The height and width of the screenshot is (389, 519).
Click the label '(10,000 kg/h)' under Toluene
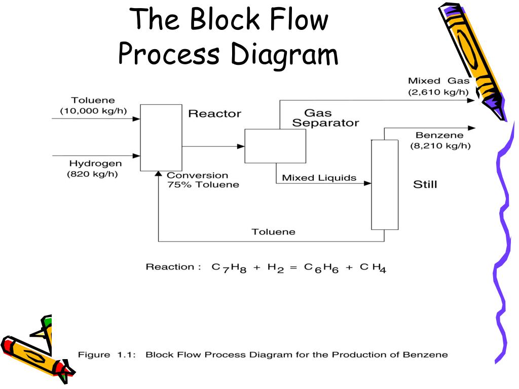pos(93,111)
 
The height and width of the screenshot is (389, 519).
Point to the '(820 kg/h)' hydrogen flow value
pos(92,174)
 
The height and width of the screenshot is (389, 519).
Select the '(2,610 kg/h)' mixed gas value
pos(438,92)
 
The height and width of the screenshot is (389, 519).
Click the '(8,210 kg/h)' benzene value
pos(440,146)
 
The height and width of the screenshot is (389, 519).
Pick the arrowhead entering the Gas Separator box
pos(241,146)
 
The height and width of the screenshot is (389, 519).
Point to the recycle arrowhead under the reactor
pos(159,174)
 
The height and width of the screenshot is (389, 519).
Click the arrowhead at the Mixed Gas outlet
pos(471,101)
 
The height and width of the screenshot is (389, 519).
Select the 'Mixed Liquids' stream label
pos(319,178)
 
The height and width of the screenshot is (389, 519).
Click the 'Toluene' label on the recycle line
pos(273,232)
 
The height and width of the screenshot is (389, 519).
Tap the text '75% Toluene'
pos(203,184)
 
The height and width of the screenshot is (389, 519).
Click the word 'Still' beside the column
pos(425,184)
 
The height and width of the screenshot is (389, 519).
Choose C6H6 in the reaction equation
pos(321,268)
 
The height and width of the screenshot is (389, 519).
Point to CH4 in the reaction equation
pos(373,268)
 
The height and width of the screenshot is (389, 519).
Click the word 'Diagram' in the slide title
pos(284,54)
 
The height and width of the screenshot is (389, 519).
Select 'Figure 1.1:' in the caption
pos(107,355)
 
